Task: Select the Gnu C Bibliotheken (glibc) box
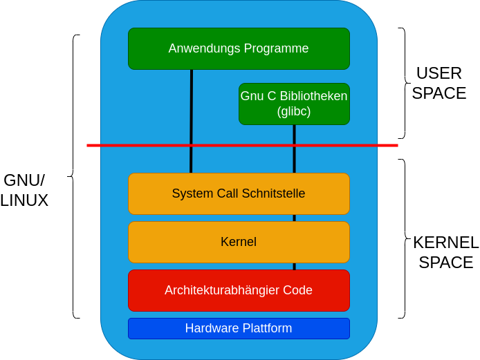[294, 104]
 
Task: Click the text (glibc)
[294, 111]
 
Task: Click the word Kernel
[239, 242]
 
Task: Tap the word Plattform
[266, 328]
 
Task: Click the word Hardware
[210, 328]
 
